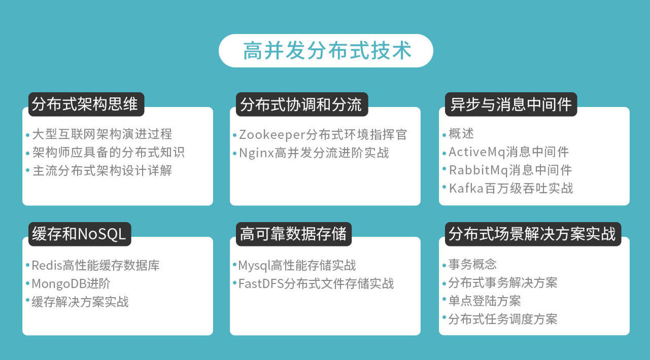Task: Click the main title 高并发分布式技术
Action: [326, 51]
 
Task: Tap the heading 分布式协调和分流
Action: [300, 104]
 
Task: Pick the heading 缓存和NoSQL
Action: [79, 234]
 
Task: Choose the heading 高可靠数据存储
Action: [293, 234]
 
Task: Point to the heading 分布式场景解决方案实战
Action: [532, 234]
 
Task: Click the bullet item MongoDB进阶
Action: [71, 283]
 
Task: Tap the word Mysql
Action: [253, 265]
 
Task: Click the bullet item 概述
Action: [461, 134]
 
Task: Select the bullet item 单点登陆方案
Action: [484, 301]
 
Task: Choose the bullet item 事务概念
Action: [472, 264]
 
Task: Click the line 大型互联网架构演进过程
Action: [102, 134]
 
